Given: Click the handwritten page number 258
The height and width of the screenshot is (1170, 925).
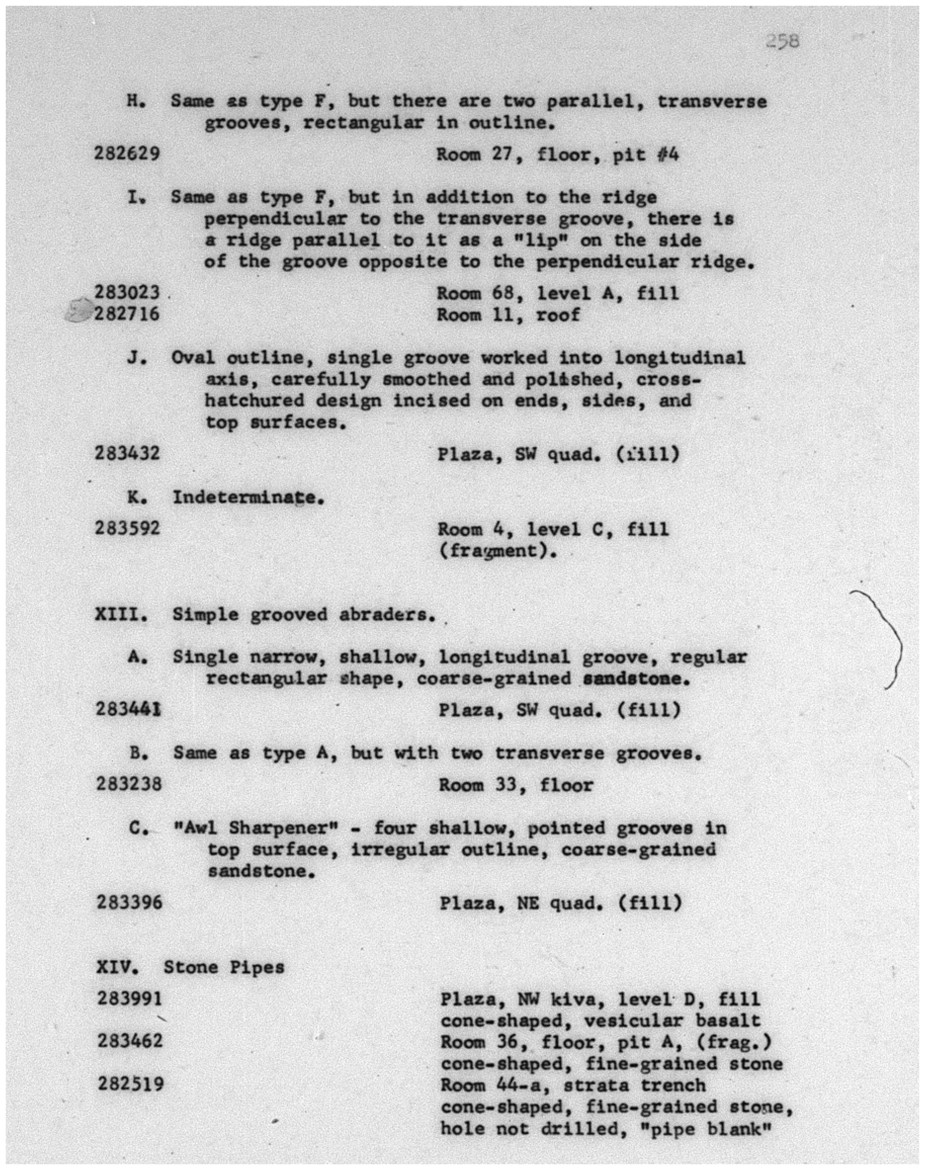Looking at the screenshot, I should point(782,41).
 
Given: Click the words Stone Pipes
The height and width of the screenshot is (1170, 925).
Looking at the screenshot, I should point(224,967).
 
